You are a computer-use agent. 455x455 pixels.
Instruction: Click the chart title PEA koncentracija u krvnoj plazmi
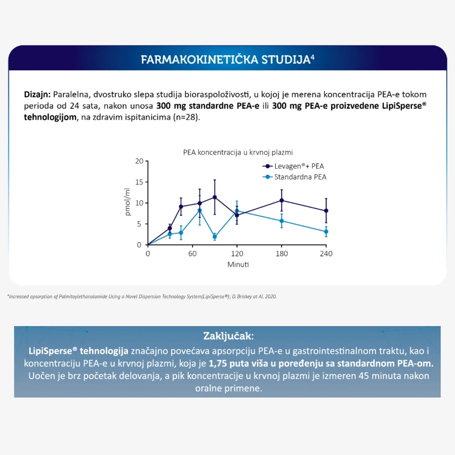pyautogui.click(x=238, y=153)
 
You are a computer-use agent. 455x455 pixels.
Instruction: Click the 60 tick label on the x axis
pyautogui.click(x=193, y=254)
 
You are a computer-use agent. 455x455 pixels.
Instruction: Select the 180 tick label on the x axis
pyautogui.click(x=281, y=254)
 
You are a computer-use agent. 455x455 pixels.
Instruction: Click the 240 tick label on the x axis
pyautogui.click(x=326, y=254)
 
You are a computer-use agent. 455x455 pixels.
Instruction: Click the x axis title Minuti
pyautogui.click(x=238, y=265)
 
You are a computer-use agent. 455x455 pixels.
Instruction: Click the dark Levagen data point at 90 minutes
pyautogui.click(x=215, y=197)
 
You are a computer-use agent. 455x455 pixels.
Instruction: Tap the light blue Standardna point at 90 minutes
pyautogui.click(x=215, y=237)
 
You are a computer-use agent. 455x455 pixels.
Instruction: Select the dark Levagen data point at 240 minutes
pyautogui.click(x=326, y=211)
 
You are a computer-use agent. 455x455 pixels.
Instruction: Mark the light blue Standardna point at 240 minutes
pyautogui.click(x=326, y=232)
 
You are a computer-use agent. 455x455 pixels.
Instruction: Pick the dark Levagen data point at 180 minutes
pyautogui.click(x=281, y=200)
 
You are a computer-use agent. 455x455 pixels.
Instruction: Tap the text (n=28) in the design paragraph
pyautogui.click(x=187, y=117)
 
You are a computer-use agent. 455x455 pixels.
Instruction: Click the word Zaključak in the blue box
pyautogui.click(x=228, y=336)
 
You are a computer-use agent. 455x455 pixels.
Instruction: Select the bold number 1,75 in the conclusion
pyautogui.click(x=219, y=363)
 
